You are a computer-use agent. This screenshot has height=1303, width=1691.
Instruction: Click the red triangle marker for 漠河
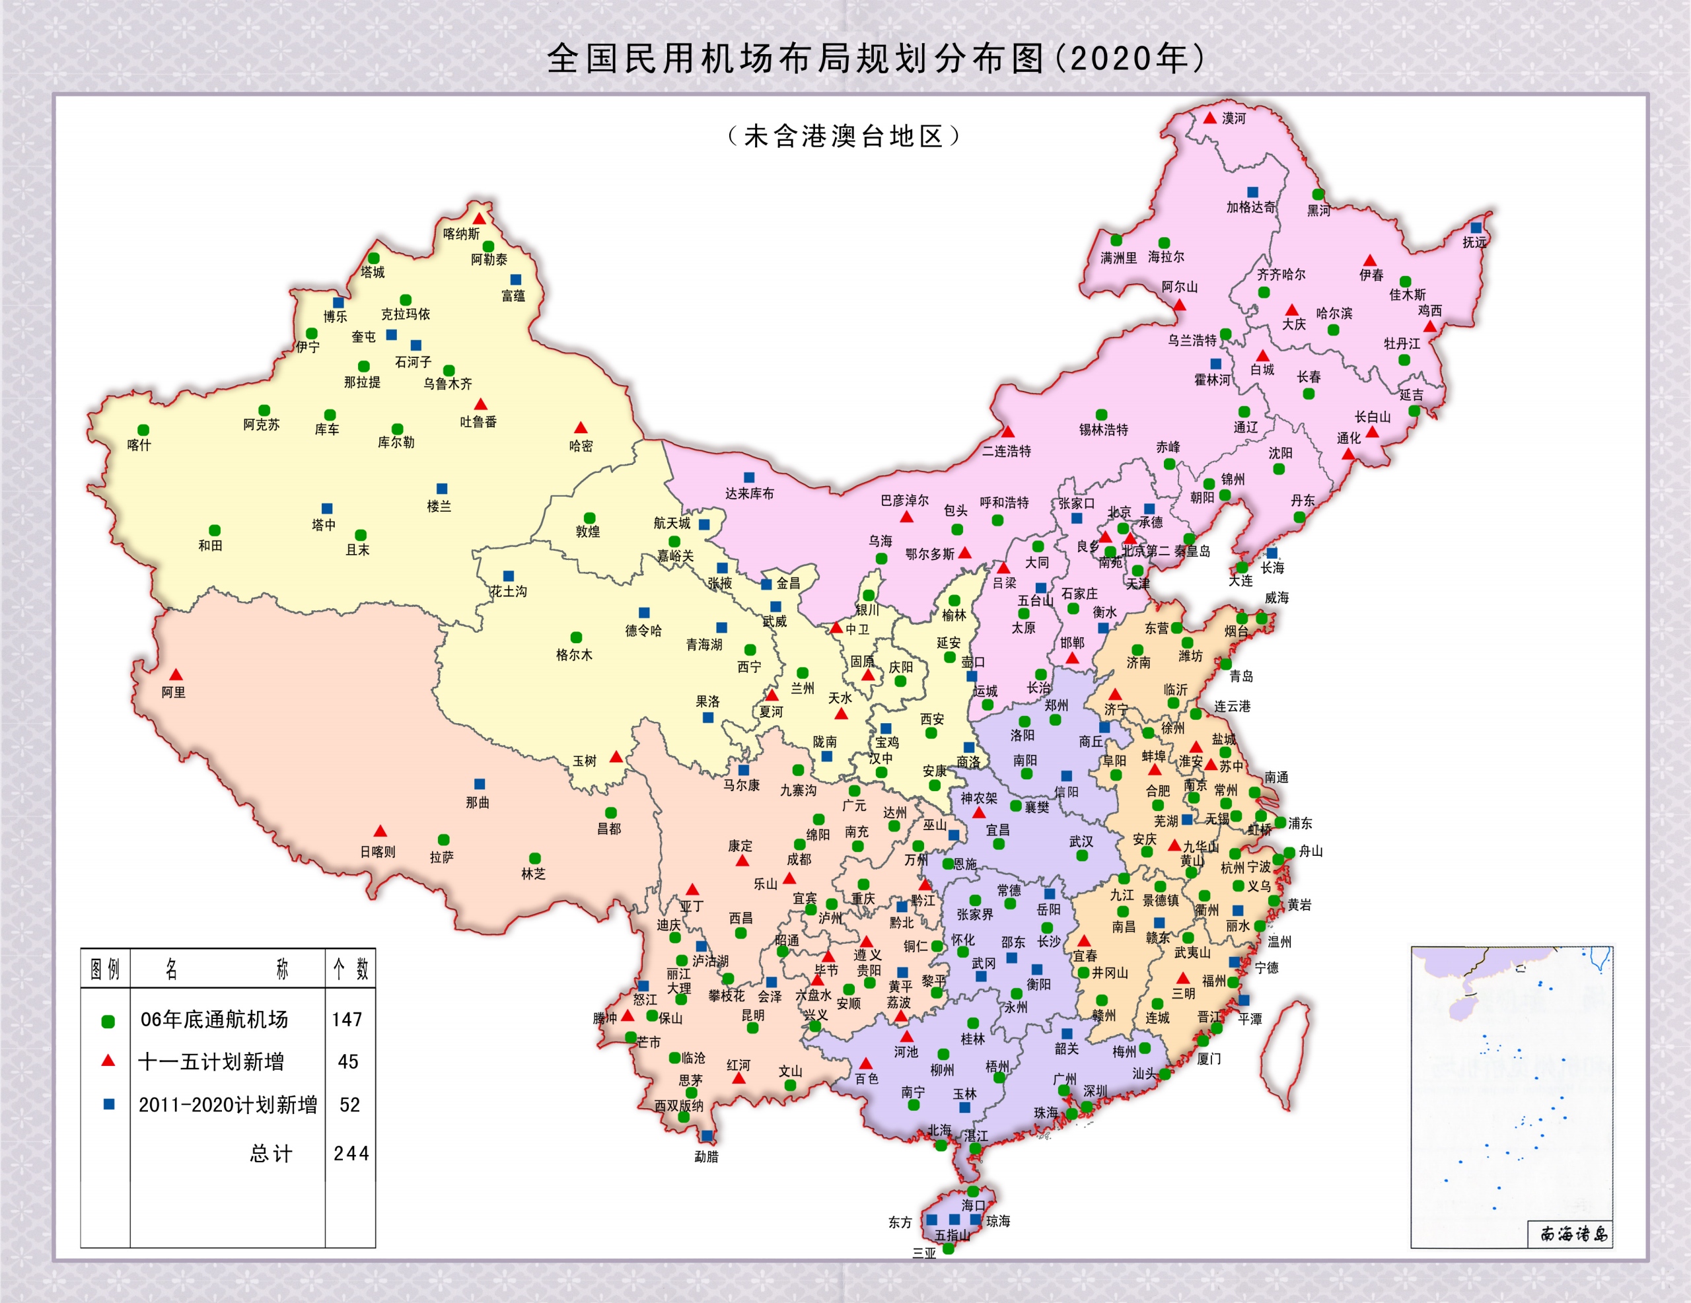pos(1209,118)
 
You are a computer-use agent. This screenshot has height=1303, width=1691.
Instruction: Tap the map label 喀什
pos(139,445)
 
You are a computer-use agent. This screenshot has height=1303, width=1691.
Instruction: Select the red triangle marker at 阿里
pos(176,675)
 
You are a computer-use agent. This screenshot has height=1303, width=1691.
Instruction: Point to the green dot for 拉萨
pos(444,840)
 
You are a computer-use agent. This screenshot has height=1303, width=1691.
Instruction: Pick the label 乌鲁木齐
pos(448,384)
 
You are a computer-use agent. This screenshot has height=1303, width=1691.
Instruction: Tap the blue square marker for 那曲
pos(480,785)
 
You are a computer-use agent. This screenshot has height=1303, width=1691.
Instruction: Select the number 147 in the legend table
pos(347,1020)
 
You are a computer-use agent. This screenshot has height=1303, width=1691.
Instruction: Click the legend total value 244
pos(351,1154)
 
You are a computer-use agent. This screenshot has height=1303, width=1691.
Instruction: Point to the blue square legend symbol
pos(109,1104)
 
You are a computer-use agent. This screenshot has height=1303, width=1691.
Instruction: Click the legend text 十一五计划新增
pos(211,1062)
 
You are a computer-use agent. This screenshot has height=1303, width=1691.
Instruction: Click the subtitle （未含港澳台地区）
pos(844,137)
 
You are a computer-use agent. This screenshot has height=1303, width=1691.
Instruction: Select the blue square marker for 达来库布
pos(748,477)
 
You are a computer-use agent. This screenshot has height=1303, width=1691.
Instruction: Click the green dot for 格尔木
pos(576,638)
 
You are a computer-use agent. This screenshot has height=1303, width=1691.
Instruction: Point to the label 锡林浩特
pos(1103,430)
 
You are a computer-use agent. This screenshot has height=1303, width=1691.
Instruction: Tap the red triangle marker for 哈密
pos(580,428)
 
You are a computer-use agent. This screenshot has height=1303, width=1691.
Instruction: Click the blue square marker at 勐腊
pos(707,1136)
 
